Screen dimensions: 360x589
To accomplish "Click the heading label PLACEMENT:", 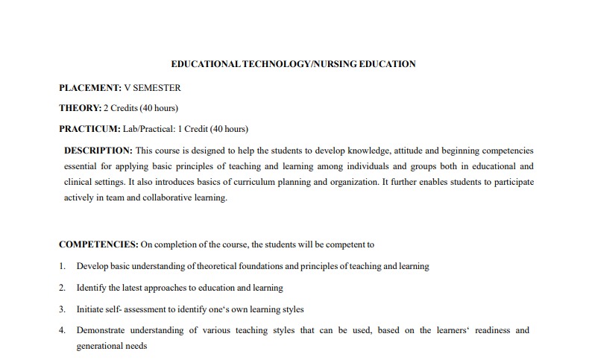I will (x=90, y=87).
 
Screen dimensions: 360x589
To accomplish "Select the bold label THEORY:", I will (x=80, y=107).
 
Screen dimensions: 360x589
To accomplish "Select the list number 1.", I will (x=62, y=266).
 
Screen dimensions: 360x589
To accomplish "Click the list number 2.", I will (x=62, y=288).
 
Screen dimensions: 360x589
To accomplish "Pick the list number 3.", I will (x=62, y=309).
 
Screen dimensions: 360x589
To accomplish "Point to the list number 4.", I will (x=62, y=330).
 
